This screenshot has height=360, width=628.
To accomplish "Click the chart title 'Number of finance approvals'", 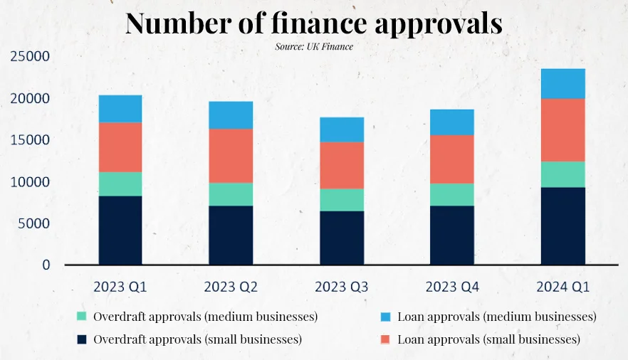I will (x=313, y=23).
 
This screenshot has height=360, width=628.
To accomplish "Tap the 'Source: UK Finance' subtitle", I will (x=313, y=47).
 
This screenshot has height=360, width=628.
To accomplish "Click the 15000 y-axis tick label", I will (x=30, y=140).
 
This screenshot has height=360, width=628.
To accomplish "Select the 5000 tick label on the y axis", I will (x=33, y=223).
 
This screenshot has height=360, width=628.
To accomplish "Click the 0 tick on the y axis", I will (x=46, y=265).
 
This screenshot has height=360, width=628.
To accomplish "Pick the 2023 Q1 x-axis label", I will (x=120, y=287).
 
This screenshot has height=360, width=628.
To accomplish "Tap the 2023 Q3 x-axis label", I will (x=341, y=287).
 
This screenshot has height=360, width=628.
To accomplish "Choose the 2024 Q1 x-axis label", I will (x=562, y=287).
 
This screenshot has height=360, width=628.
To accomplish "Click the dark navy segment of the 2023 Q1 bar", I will (x=120, y=230).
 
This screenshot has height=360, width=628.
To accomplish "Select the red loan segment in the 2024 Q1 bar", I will (x=562, y=129).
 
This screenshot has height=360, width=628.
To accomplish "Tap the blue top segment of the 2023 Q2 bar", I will (x=231, y=115).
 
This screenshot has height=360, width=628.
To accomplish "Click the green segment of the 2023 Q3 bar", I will (x=341, y=199).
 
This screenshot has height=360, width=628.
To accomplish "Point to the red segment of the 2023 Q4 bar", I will (x=452, y=159).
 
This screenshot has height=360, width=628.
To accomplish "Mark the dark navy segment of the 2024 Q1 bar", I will (x=562, y=226).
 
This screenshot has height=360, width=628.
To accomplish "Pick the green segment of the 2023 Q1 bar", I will (x=120, y=184).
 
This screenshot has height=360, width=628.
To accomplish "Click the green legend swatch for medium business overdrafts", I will (x=82, y=316).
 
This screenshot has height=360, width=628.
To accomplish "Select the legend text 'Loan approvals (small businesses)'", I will (x=489, y=339).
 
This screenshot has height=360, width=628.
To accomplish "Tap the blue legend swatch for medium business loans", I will (x=385, y=316).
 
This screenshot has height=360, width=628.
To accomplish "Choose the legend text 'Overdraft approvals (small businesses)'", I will (x=197, y=339).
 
